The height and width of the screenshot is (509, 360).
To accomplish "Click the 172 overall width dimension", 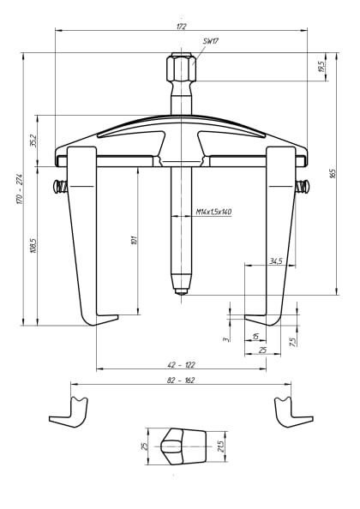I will (181, 27).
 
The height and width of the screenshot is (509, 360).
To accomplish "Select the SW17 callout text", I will (210, 41).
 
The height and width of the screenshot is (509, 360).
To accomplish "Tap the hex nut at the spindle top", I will (181, 67).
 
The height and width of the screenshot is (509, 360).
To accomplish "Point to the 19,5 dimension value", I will (321, 66).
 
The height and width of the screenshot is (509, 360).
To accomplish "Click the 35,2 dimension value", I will (33, 140).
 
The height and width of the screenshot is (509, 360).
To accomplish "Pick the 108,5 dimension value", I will (33, 246).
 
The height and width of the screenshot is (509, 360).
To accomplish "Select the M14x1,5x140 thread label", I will (213, 211).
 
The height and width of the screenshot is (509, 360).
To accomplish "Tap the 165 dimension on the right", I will (333, 174).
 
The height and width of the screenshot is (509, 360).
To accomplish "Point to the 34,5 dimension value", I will (275, 260).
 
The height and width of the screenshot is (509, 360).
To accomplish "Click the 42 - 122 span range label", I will (181, 364).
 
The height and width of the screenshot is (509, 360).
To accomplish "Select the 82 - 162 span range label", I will (181, 380).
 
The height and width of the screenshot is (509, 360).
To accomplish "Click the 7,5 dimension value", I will (292, 340).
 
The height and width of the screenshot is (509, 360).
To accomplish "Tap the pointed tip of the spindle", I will (181, 290).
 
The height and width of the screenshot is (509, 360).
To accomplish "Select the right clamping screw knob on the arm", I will (302, 187).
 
